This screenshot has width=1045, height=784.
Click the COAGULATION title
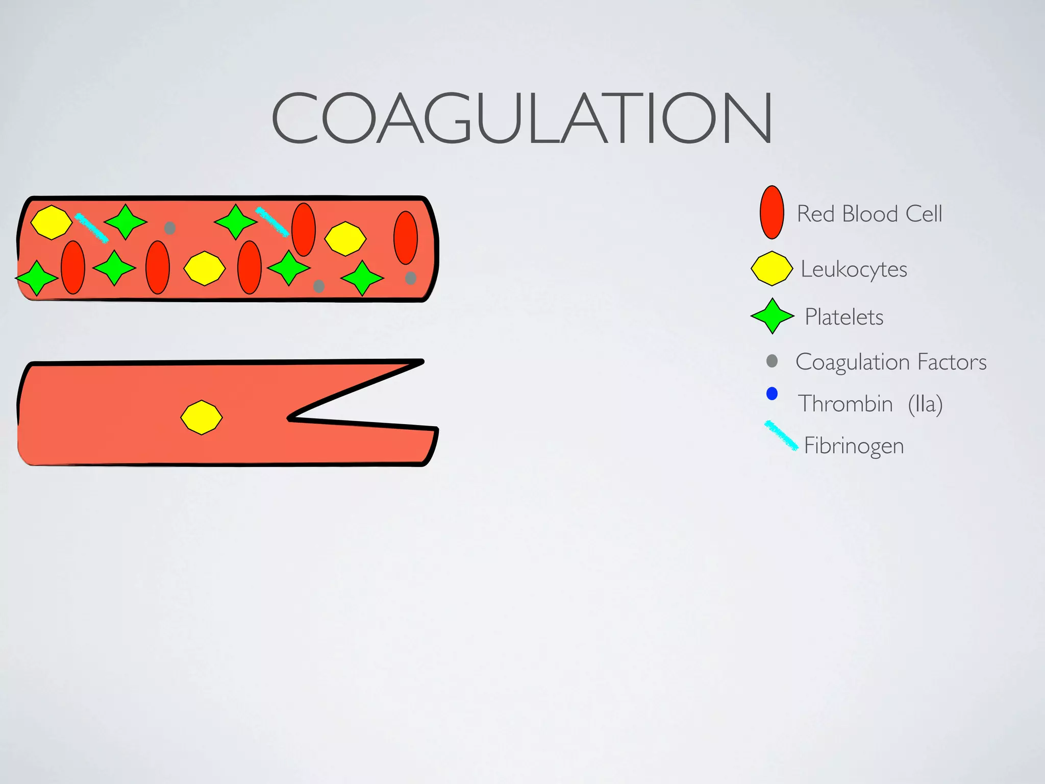point(521,118)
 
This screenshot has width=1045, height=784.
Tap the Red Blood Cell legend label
point(869,213)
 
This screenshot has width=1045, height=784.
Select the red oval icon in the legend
point(772,212)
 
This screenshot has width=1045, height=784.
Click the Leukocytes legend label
point(854,269)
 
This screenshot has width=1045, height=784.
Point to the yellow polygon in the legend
point(772,268)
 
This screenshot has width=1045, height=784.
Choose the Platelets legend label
point(844,317)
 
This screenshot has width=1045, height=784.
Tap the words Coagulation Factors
point(891,362)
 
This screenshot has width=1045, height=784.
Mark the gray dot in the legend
point(772,361)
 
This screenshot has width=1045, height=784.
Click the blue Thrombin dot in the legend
point(772,394)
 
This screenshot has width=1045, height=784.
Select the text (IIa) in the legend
point(925,404)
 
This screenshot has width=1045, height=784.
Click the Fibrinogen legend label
point(854,446)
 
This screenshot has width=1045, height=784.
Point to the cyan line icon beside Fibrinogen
point(781,435)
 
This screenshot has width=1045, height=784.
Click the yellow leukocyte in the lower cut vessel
point(202,418)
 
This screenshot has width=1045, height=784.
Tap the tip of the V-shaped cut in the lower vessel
point(290,418)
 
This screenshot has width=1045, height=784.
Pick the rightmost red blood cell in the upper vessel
point(406,238)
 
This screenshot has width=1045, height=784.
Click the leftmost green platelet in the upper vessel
point(37,278)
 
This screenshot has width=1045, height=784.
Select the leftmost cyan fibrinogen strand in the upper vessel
point(91,228)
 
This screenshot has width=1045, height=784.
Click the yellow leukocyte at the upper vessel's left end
point(51,222)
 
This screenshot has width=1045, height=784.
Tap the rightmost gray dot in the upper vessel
point(411,278)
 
